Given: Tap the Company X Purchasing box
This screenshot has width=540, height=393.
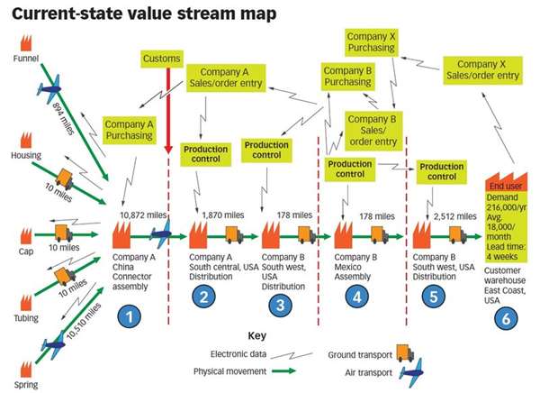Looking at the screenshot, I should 372,41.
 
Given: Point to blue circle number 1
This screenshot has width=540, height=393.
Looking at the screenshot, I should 131,316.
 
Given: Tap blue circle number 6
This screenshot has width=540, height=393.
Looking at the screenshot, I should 506,317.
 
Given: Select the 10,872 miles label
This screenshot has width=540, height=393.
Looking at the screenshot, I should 143,215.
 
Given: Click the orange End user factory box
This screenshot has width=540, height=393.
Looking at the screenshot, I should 507,211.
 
